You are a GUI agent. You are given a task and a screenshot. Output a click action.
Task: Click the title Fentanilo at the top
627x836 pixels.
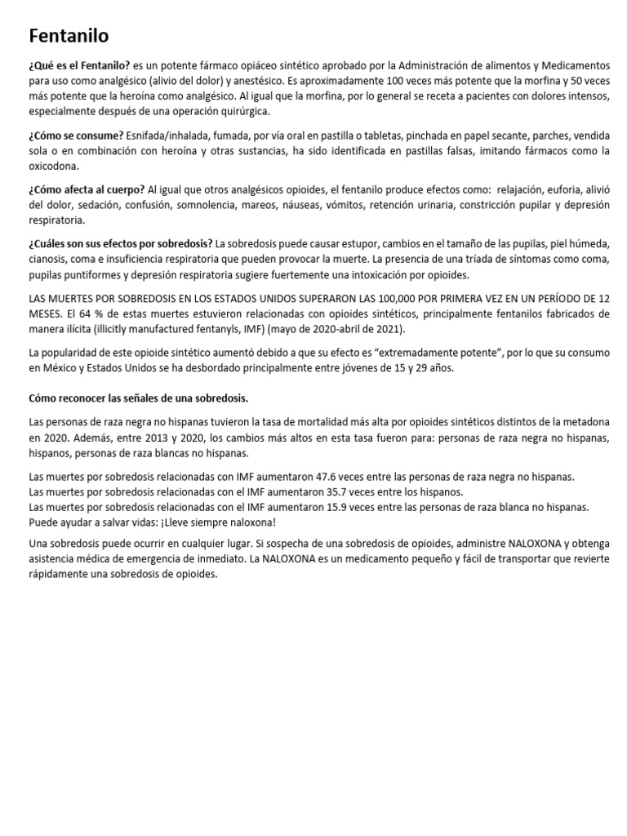(x=69, y=36)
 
